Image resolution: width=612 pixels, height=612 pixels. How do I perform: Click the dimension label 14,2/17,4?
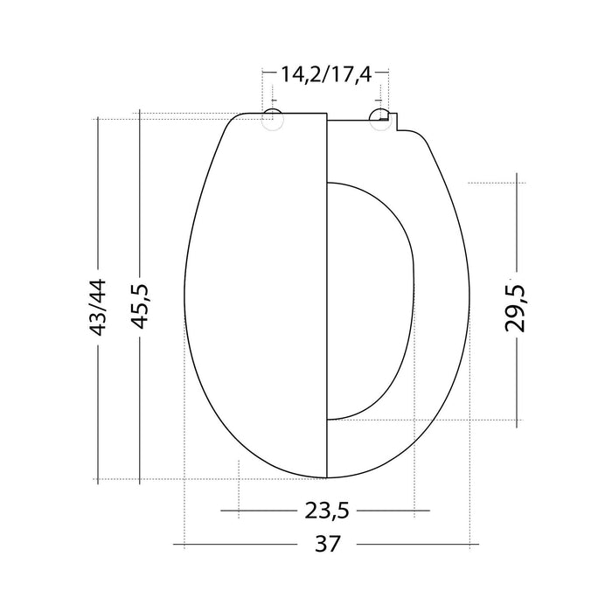[x=325, y=74]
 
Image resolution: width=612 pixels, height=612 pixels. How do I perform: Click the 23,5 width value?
[x=325, y=510]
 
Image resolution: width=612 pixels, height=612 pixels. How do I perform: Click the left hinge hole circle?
[x=273, y=121]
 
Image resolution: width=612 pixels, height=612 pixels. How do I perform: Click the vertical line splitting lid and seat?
[x=326, y=297]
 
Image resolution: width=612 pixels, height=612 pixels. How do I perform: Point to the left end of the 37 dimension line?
[x=175, y=544]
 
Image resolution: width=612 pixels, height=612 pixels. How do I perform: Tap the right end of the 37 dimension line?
[x=478, y=544]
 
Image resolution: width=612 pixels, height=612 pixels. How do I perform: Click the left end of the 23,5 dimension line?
[x=221, y=510]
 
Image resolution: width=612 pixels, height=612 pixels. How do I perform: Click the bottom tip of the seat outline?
[x=326, y=477]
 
